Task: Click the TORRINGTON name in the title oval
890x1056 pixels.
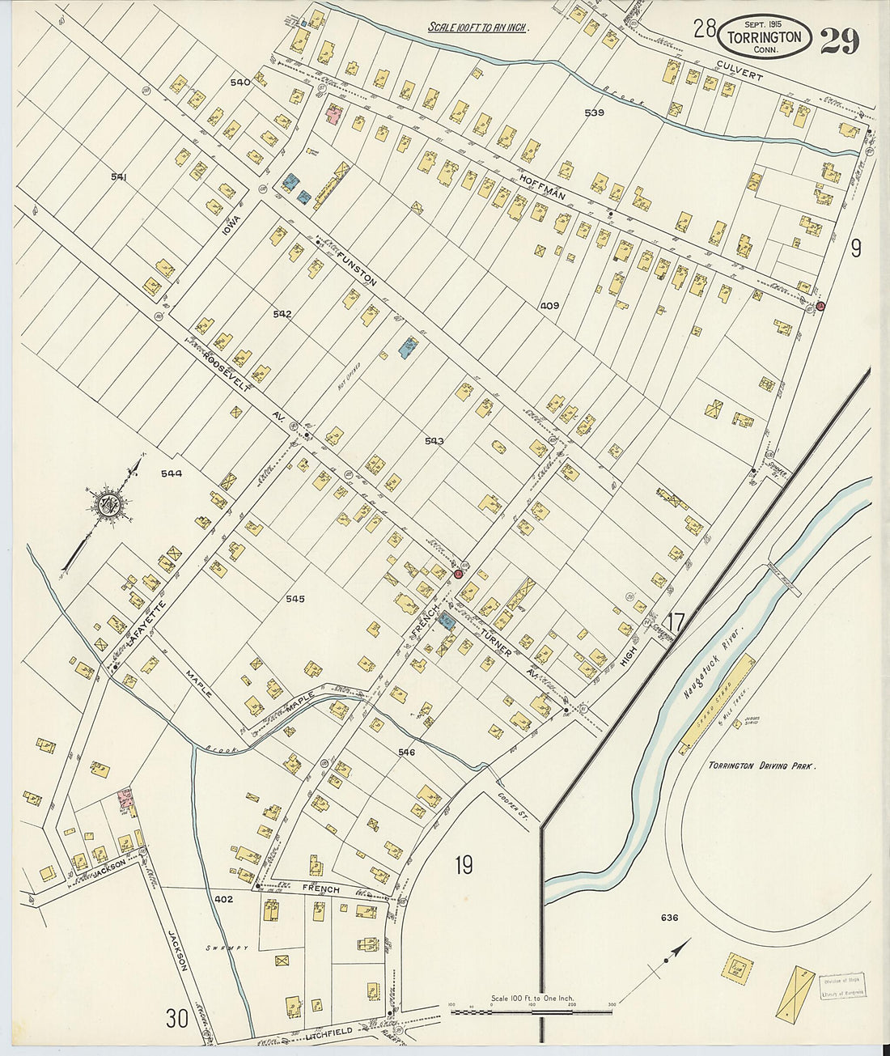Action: coord(764,37)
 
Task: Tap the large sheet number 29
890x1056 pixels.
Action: coord(839,40)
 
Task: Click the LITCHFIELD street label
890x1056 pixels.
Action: coord(329,1033)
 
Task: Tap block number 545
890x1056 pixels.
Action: coord(295,599)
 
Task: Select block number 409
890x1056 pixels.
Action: coord(550,306)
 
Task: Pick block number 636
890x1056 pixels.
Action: coord(669,918)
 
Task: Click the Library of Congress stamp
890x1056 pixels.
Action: coord(841,986)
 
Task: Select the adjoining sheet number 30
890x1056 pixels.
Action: coord(177,1017)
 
